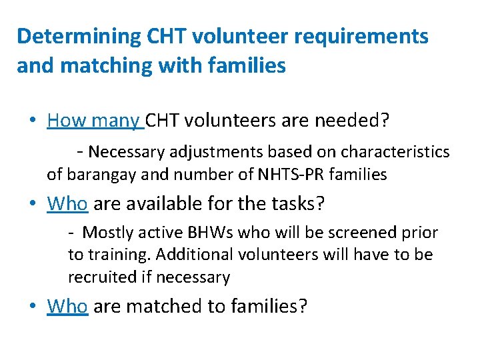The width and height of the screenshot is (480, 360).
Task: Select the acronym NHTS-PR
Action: (x=296, y=175)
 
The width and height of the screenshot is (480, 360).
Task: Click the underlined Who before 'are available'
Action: (x=67, y=203)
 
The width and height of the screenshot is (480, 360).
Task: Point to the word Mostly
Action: (x=107, y=233)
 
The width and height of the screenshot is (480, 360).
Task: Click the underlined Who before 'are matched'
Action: (x=67, y=306)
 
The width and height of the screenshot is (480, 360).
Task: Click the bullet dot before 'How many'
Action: (x=33, y=121)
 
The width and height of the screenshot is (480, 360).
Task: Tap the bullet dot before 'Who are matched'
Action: (x=33, y=307)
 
